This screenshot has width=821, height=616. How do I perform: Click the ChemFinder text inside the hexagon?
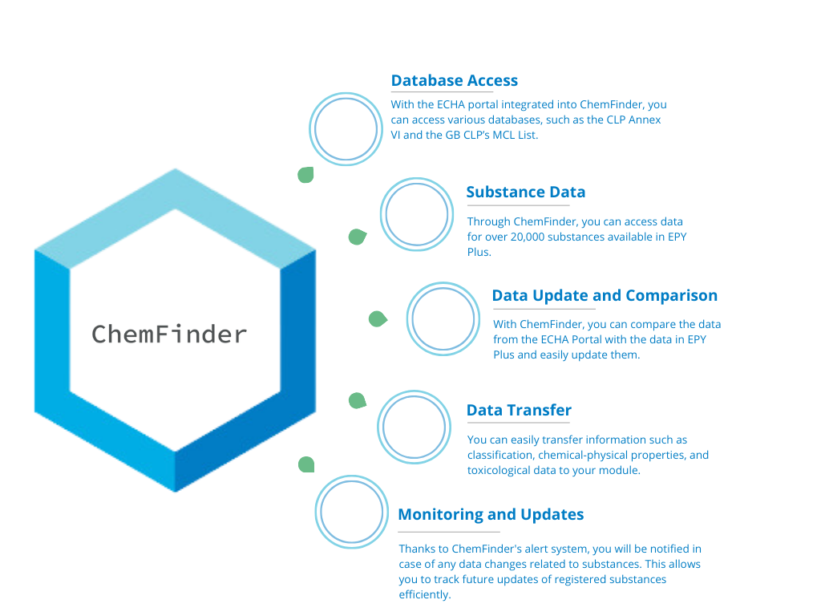pyautogui.click(x=168, y=334)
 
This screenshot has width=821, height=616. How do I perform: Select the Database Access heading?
pyautogui.click(x=454, y=81)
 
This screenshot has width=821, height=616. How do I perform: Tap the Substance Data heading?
pyautogui.click(x=525, y=192)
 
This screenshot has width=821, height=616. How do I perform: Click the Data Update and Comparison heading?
pyautogui.click(x=604, y=296)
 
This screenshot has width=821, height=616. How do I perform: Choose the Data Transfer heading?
pyautogui.click(x=519, y=411)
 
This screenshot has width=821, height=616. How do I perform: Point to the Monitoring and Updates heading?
pyautogui.click(x=491, y=515)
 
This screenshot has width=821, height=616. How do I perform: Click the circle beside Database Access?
pyautogui.click(x=347, y=129)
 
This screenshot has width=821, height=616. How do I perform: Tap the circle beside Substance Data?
pyautogui.click(x=417, y=214)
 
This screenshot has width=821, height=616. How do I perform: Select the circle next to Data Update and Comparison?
pyautogui.click(x=443, y=318)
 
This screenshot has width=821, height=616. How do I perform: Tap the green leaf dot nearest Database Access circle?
pyautogui.click(x=305, y=175)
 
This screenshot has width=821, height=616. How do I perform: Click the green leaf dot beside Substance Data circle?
pyautogui.click(x=357, y=237)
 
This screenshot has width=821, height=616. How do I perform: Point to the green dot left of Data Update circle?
pyautogui.click(x=377, y=319)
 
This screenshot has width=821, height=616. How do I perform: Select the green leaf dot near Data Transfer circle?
pyautogui.click(x=357, y=400)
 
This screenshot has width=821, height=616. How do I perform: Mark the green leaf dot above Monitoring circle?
pyautogui.click(x=306, y=464)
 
